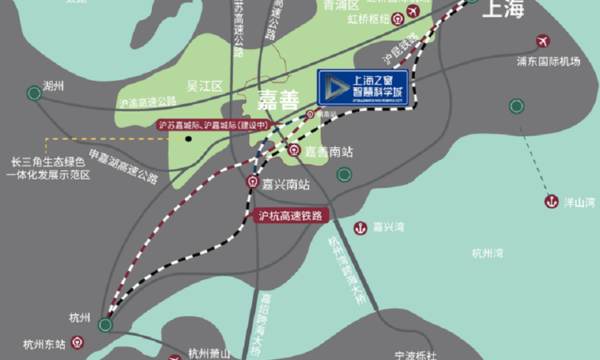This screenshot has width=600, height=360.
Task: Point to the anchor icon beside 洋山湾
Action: click(x=550, y=202)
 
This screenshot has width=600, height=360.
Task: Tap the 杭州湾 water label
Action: click(x=487, y=254)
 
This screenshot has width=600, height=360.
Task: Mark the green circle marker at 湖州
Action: click(x=34, y=93)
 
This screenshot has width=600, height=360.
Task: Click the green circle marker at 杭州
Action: click(x=105, y=324)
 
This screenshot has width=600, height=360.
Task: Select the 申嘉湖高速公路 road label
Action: click(x=124, y=165)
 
